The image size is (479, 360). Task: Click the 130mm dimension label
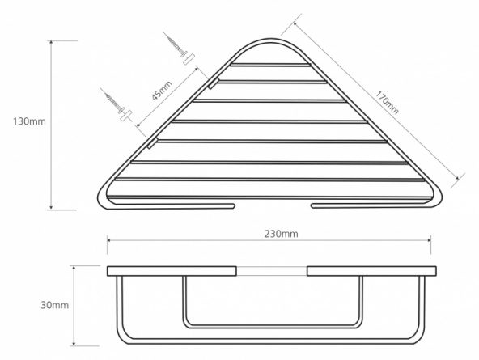pyautogui.click(x=29, y=121)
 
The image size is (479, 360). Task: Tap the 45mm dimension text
pyautogui.click(x=162, y=91)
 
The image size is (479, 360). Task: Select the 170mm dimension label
pyautogui.click(x=387, y=102)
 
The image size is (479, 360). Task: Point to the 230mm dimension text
pyautogui.click(x=281, y=234)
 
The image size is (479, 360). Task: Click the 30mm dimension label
pyautogui.click(x=55, y=305)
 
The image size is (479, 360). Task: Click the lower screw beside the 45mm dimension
pyautogui.click(x=117, y=105)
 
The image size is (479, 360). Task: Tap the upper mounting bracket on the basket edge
pyautogui.click(x=214, y=83)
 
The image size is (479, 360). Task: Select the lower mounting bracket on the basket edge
pyautogui.click(x=152, y=143)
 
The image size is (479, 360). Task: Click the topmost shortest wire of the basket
pyautogui.click(x=270, y=65)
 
